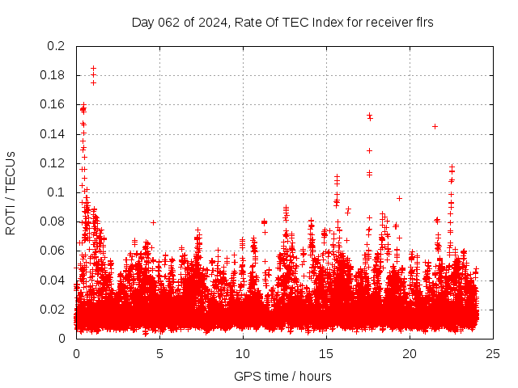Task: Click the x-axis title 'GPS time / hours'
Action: click(282, 376)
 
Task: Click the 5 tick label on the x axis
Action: click(159, 353)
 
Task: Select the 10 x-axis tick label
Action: click(243, 353)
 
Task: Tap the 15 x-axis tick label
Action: click(326, 353)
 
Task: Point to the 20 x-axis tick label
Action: click(410, 353)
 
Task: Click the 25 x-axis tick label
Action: click(493, 353)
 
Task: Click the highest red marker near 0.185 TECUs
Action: click(93, 69)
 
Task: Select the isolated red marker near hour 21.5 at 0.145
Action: click(435, 126)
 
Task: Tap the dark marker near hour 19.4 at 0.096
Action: click(399, 198)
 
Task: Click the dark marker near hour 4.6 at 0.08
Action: click(153, 222)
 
